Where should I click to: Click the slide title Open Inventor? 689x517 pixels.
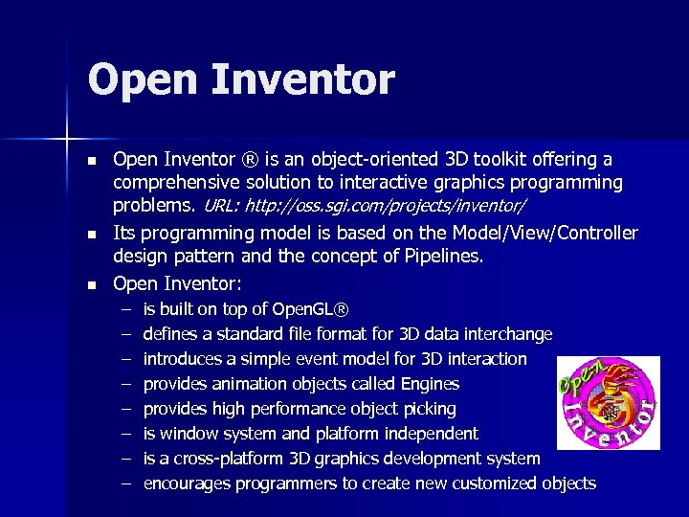(240, 80)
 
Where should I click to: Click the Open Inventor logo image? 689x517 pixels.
(609, 402)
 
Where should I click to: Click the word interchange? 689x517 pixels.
(508, 334)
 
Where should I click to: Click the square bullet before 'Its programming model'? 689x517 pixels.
(91, 234)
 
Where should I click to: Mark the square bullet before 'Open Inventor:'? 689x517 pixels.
(91, 284)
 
